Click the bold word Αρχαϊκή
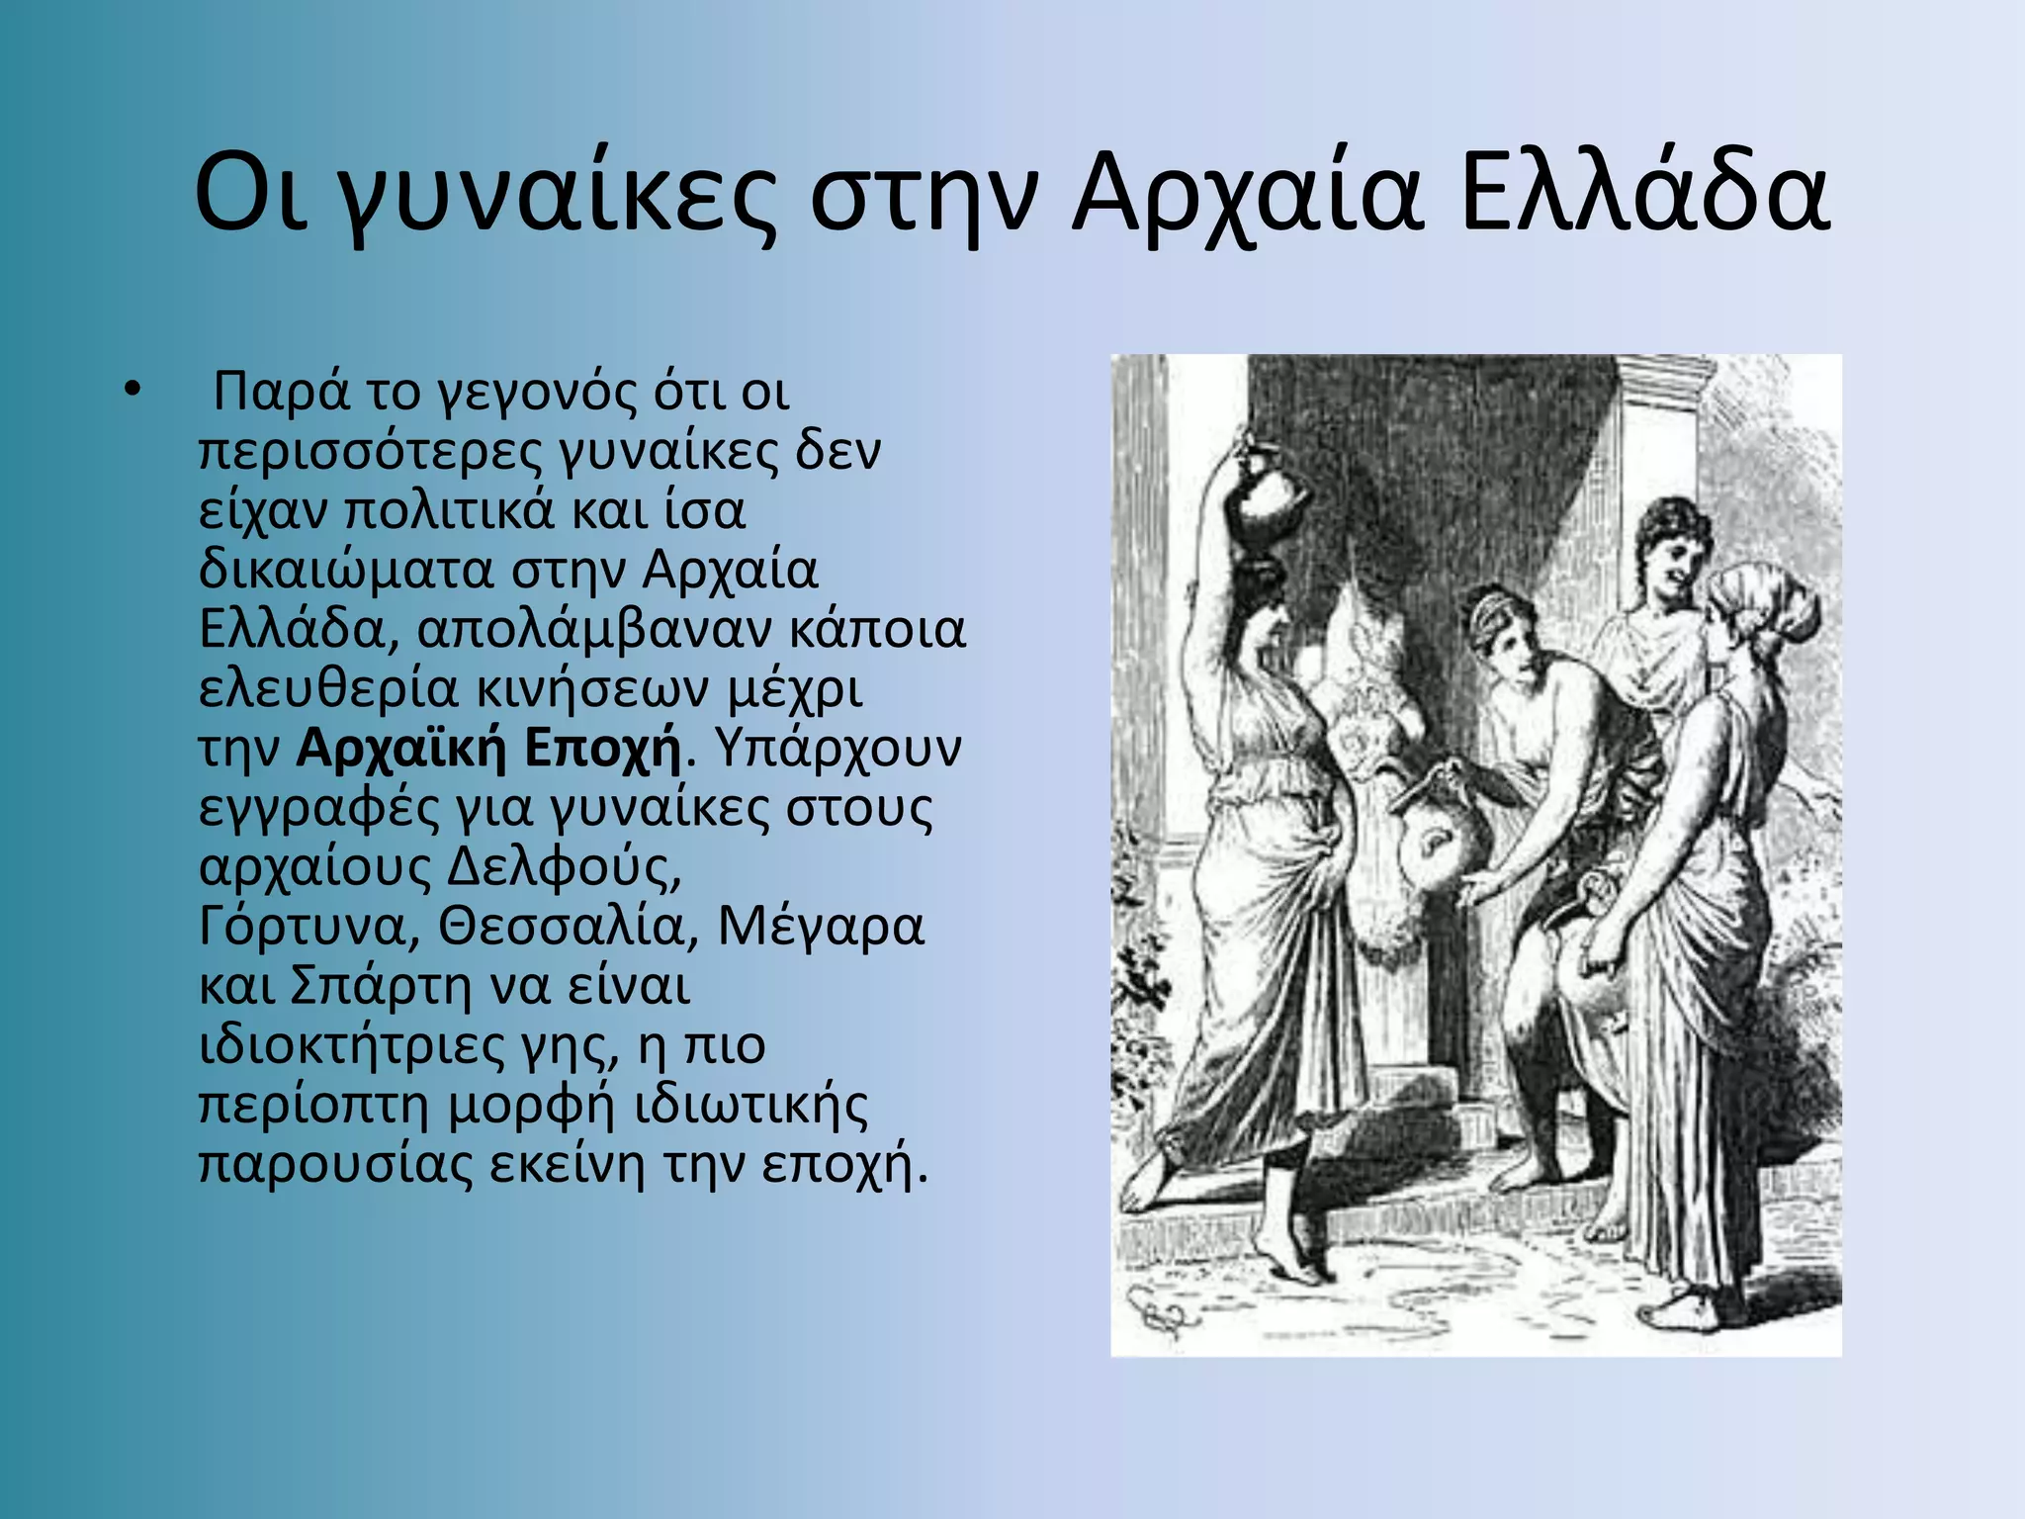pos(400,749)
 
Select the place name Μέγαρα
pos(822,928)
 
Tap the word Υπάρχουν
pos(836,749)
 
